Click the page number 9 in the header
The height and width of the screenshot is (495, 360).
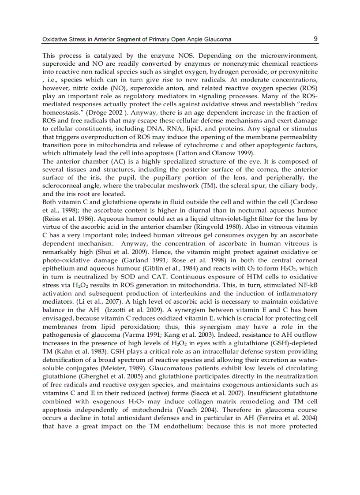tap(316, 39)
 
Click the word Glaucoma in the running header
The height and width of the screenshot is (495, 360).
tap(216, 40)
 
